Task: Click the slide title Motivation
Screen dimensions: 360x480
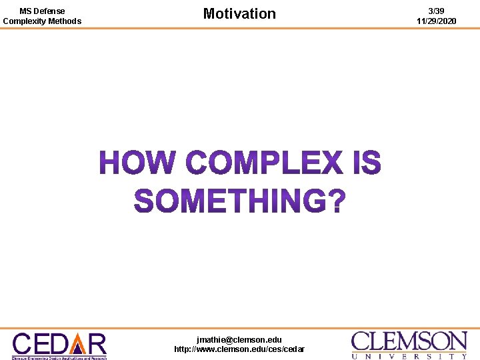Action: pos(239,13)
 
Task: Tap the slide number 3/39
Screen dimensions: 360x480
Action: pos(437,11)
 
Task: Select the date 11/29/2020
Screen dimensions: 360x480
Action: pos(437,21)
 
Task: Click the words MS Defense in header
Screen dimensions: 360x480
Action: pos(42,11)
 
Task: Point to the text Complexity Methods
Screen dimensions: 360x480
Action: pos(42,21)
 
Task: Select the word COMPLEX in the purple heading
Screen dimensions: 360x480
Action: pos(263,163)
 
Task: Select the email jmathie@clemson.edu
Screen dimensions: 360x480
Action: pos(239,339)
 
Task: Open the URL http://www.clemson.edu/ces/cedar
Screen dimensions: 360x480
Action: pos(239,349)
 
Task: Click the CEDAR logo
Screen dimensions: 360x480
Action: pos(59,345)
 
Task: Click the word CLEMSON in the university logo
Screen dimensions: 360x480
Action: pos(409,341)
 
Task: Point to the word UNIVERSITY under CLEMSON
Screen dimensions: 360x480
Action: pos(409,356)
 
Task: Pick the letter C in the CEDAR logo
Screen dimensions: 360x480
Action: pos(23,343)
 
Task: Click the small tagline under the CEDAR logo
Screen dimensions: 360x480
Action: pos(59,357)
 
